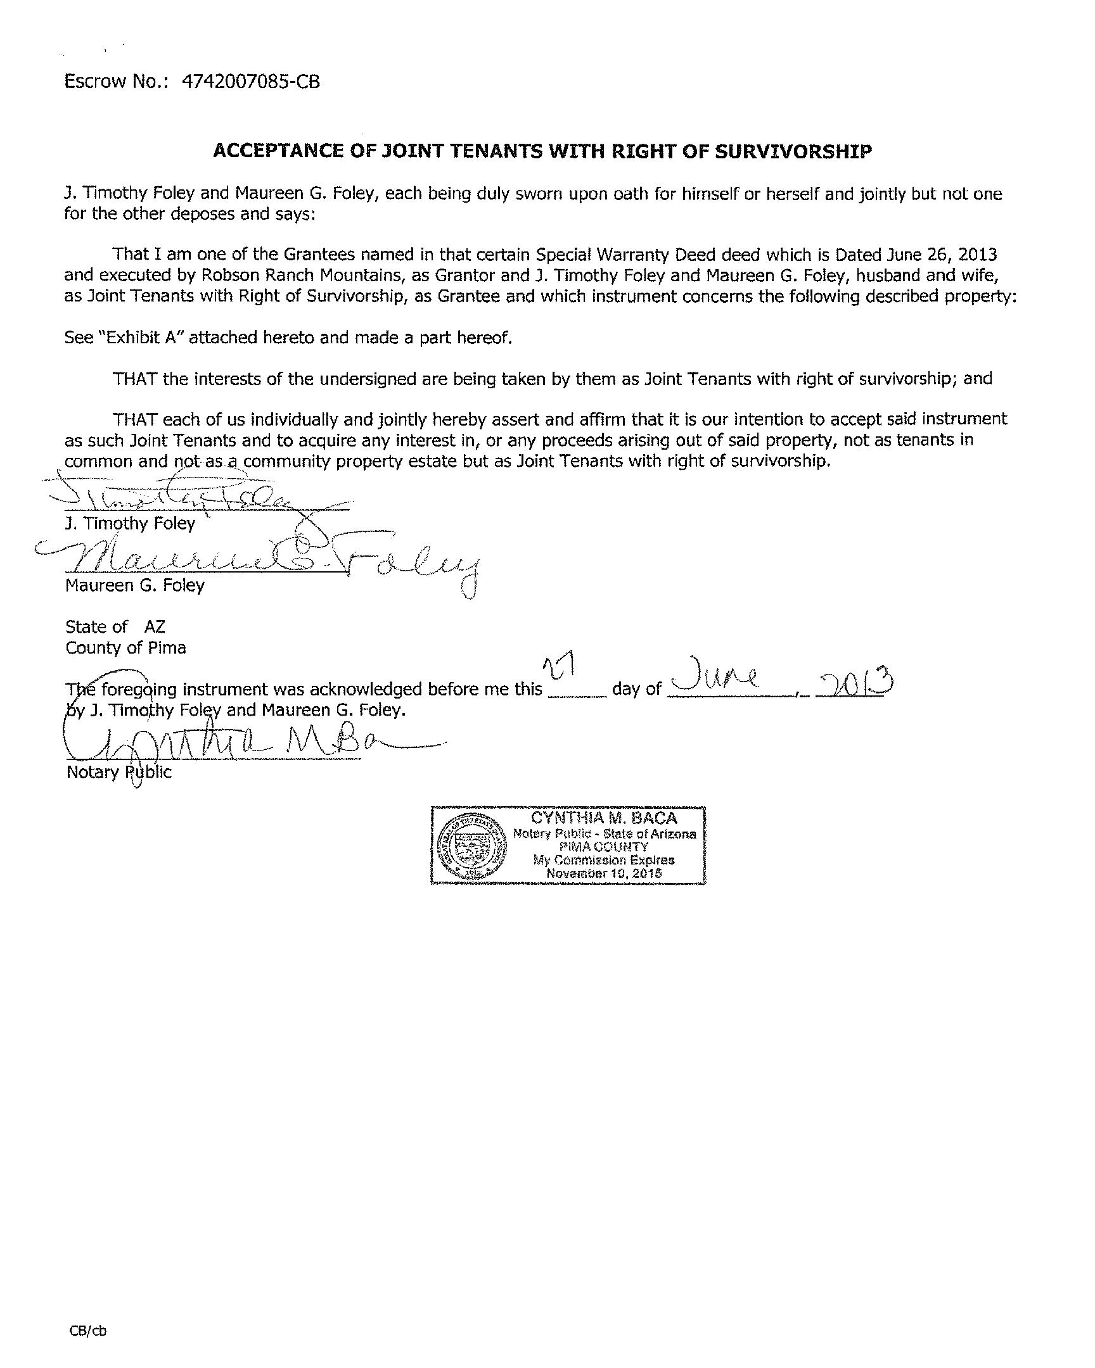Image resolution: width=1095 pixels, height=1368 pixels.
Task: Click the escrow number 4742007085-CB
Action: [x=251, y=82]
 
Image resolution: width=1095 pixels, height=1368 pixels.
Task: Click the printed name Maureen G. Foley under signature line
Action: [x=134, y=585]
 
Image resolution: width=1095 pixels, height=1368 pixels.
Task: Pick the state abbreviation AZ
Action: [x=155, y=627]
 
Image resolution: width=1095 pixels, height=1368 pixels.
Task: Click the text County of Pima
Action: [x=125, y=648]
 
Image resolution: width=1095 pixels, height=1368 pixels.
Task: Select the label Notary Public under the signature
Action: [x=118, y=772]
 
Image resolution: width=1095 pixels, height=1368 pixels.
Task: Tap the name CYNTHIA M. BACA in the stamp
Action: [x=604, y=818]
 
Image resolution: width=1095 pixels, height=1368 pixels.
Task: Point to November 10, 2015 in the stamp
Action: [x=604, y=873]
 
